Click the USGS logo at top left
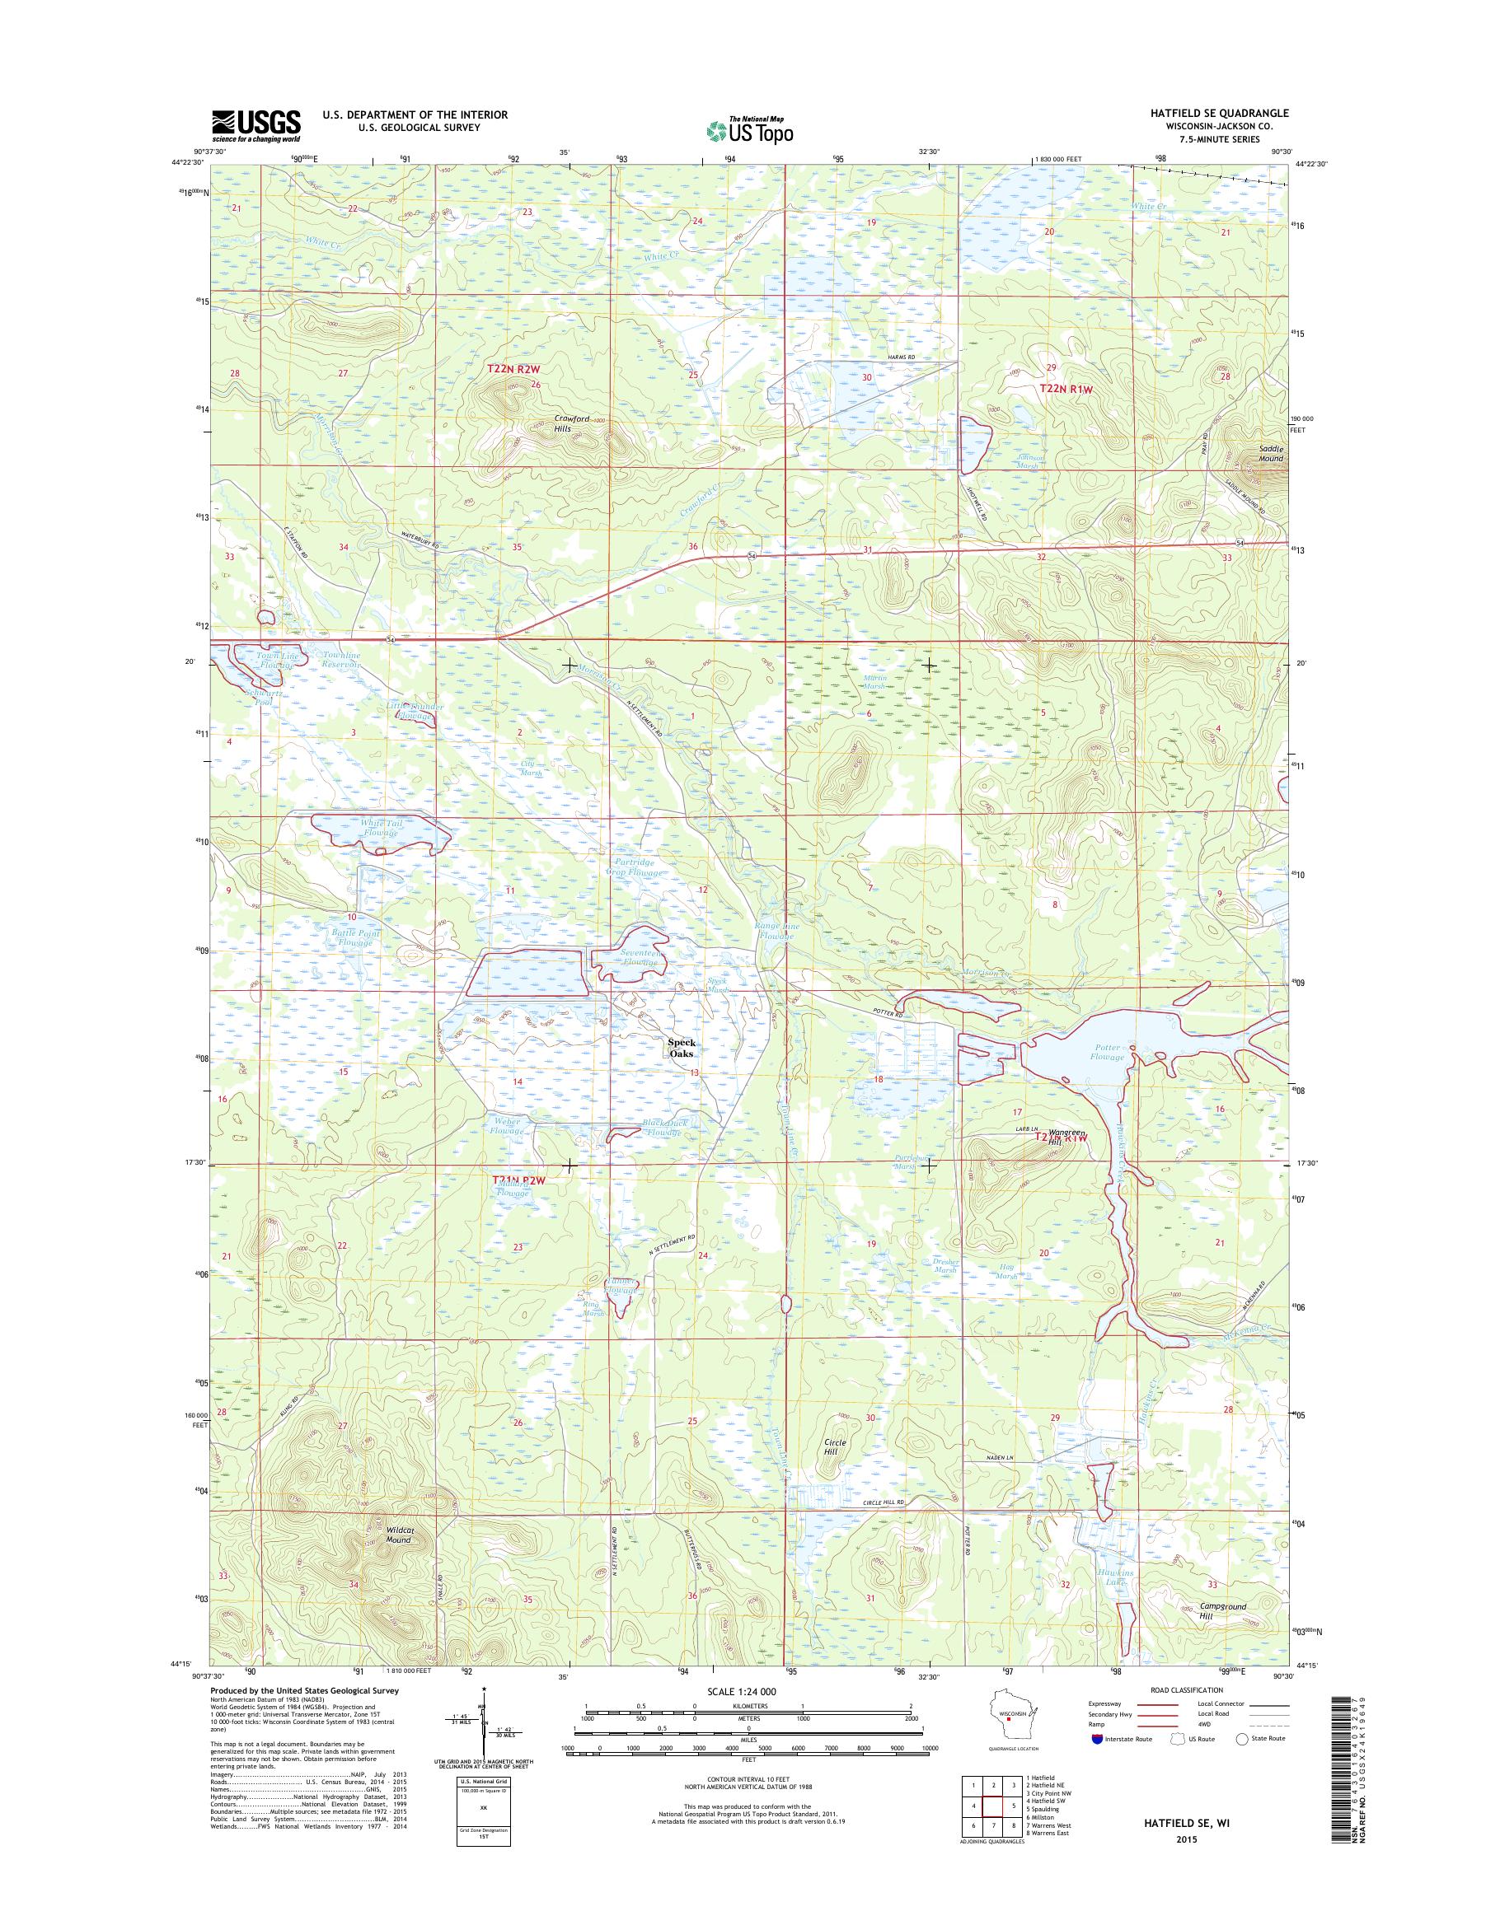point(255,125)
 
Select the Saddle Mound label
point(1270,453)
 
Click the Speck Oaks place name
point(682,1048)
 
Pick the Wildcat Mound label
point(399,1534)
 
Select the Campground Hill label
point(1223,1610)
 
